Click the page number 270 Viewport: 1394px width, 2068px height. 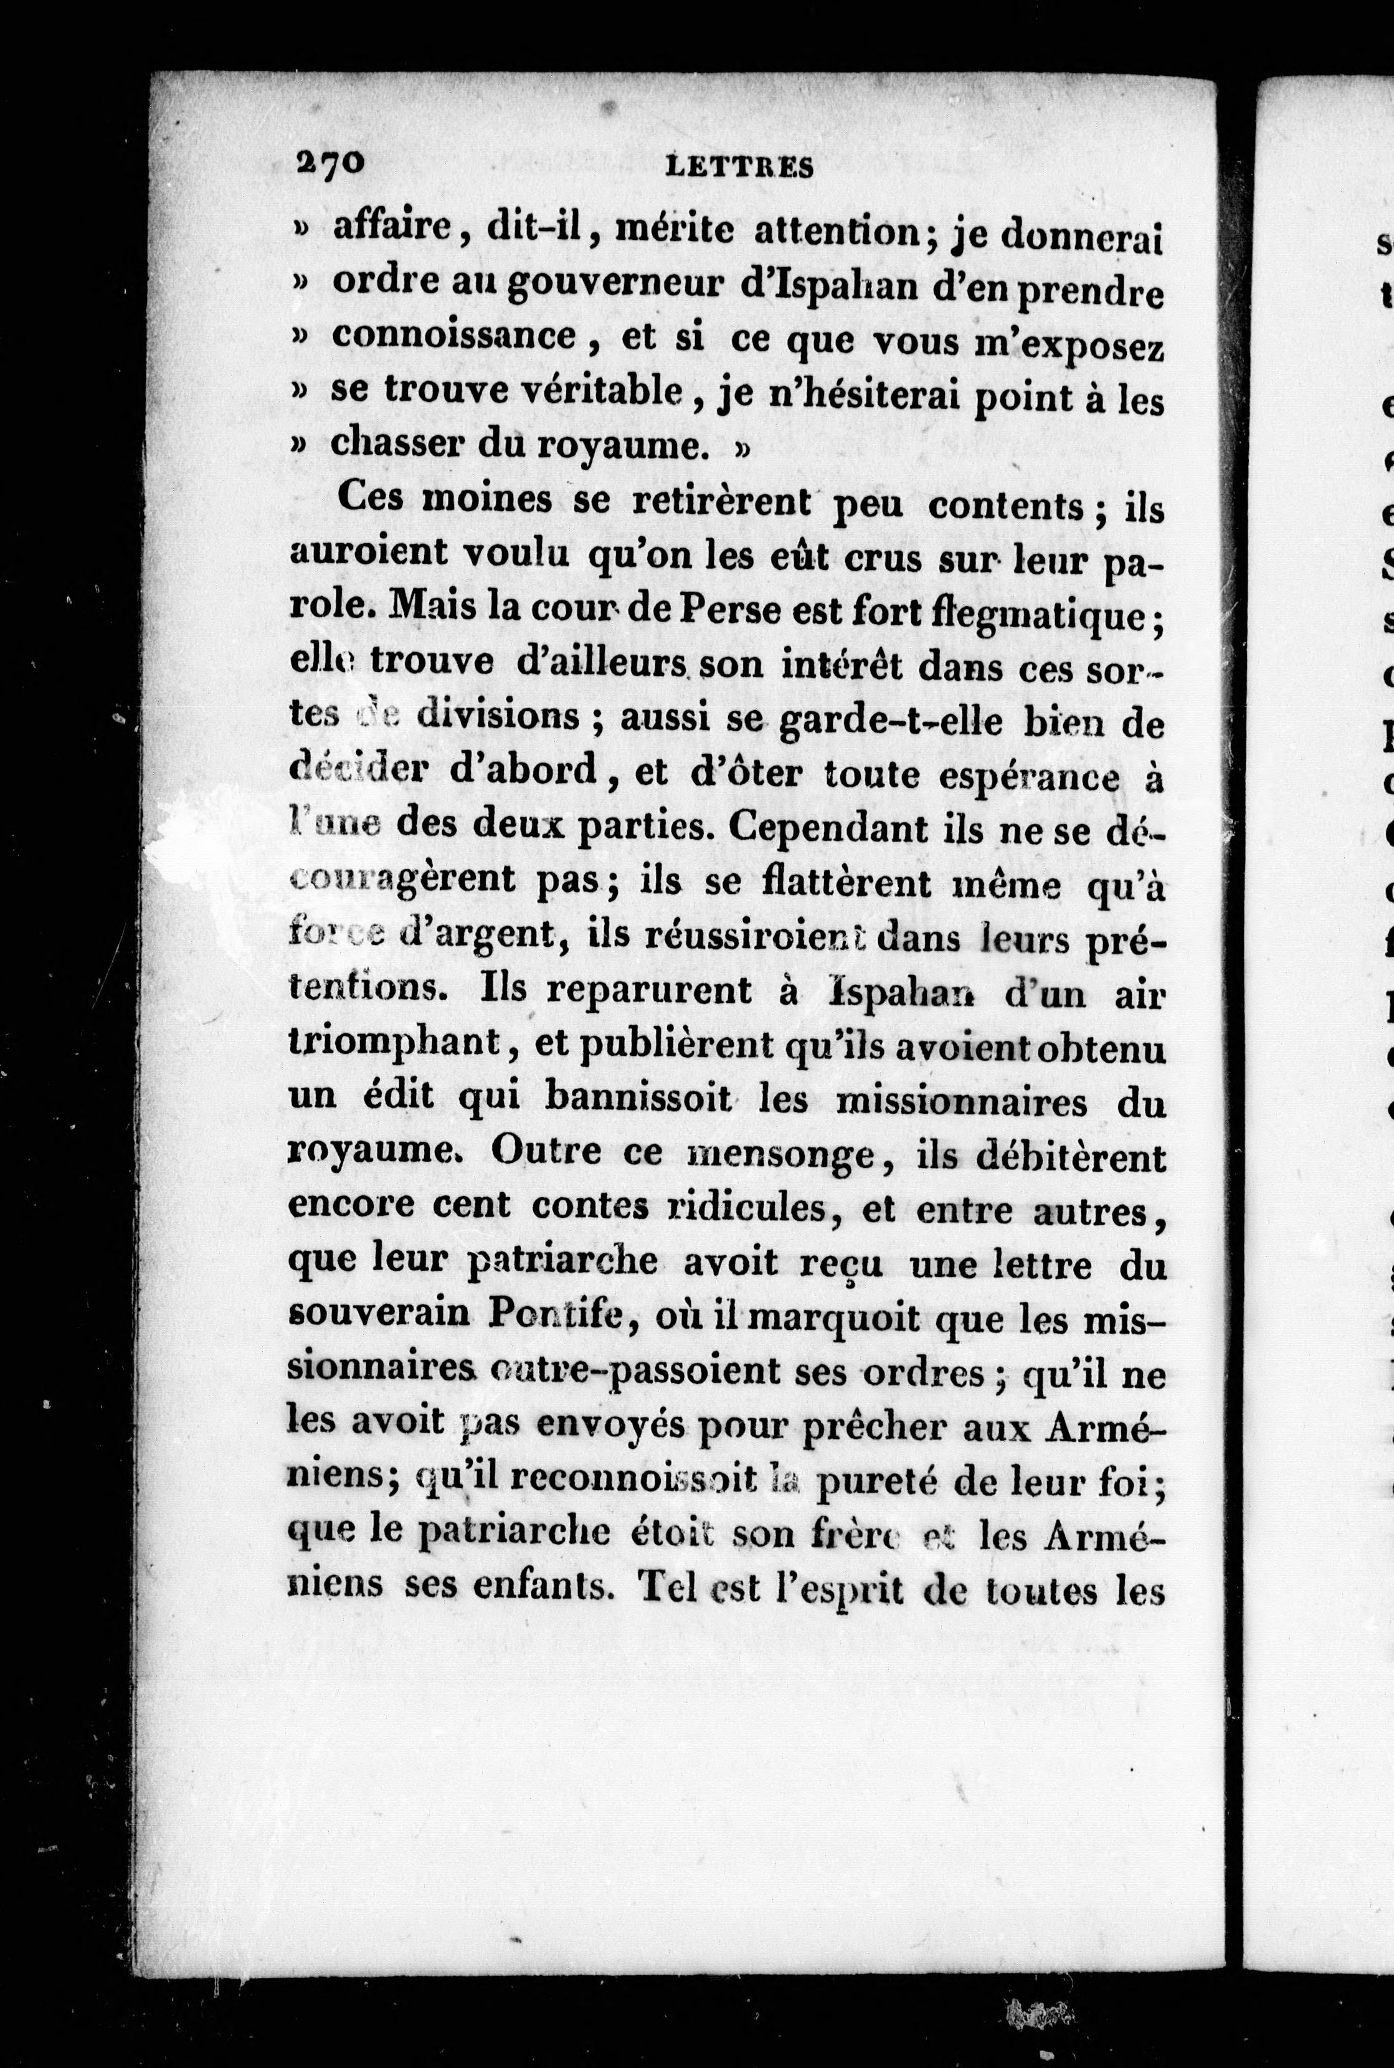pyautogui.click(x=328, y=164)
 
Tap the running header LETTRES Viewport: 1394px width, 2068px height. pyautogui.click(x=740, y=166)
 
